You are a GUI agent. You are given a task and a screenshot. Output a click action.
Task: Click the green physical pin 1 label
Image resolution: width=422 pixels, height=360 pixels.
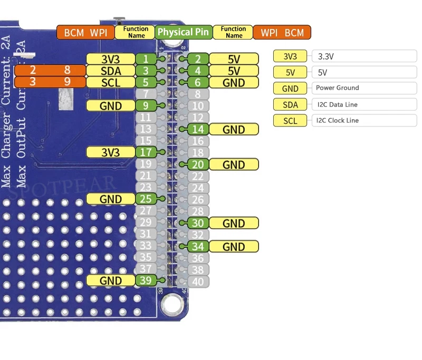click(x=146, y=59)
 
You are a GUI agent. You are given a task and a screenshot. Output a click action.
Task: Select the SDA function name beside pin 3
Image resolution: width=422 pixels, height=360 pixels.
click(x=111, y=71)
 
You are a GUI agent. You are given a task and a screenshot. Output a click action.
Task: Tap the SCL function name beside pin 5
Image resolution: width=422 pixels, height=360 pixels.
click(x=111, y=82)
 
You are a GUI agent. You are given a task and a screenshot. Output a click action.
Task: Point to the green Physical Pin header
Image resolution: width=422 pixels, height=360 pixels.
click(x=184, y=32)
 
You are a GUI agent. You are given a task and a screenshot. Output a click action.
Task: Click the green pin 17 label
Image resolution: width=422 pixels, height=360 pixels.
click(x=146, y=152)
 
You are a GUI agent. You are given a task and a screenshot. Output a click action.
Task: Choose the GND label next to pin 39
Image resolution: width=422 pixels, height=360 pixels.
click(x=111, y=280)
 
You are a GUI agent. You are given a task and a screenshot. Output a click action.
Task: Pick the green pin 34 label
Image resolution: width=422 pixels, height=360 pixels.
click(x=198, y=246)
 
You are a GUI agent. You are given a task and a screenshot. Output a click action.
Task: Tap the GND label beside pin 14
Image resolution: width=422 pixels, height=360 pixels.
click(x=234, y=129)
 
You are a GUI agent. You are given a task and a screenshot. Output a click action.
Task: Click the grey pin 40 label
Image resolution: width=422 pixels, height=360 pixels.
click(x=198, y=281)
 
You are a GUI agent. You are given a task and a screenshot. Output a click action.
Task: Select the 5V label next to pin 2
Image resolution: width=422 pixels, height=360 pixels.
click(x=234, y=59)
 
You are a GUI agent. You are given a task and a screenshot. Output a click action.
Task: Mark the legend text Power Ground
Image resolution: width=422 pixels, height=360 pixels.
click(x=337, y=88)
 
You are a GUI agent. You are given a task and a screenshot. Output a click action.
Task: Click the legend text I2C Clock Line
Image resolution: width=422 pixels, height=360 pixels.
click(x=337, y=120)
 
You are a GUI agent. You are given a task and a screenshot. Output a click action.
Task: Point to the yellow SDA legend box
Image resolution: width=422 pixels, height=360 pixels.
click(x=290, y=104)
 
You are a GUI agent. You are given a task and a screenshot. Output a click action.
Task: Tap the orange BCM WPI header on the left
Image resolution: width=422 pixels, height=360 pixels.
click(x=85, y=33)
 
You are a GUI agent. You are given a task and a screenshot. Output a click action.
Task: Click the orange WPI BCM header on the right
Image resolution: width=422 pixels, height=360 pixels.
click(x=282, y=33)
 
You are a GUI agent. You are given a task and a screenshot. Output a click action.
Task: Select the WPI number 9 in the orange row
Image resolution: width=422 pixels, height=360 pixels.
click(x=67, y=82)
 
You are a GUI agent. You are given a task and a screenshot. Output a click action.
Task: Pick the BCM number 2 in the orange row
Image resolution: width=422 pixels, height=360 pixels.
click(x=32, y=70)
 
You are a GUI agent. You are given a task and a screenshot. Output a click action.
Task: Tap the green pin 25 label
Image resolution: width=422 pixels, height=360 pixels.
click(x=146, y=199)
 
